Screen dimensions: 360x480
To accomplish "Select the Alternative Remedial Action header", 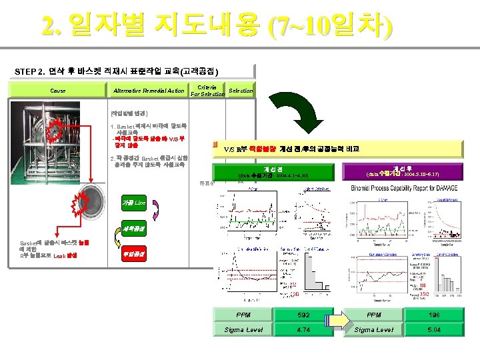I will tap(149, 90).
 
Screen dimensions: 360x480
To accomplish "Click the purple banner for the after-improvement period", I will tap(406, 173).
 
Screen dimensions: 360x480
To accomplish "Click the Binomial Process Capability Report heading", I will tap(409, 189).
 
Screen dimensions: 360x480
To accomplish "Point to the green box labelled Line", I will tap(134, 202).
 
